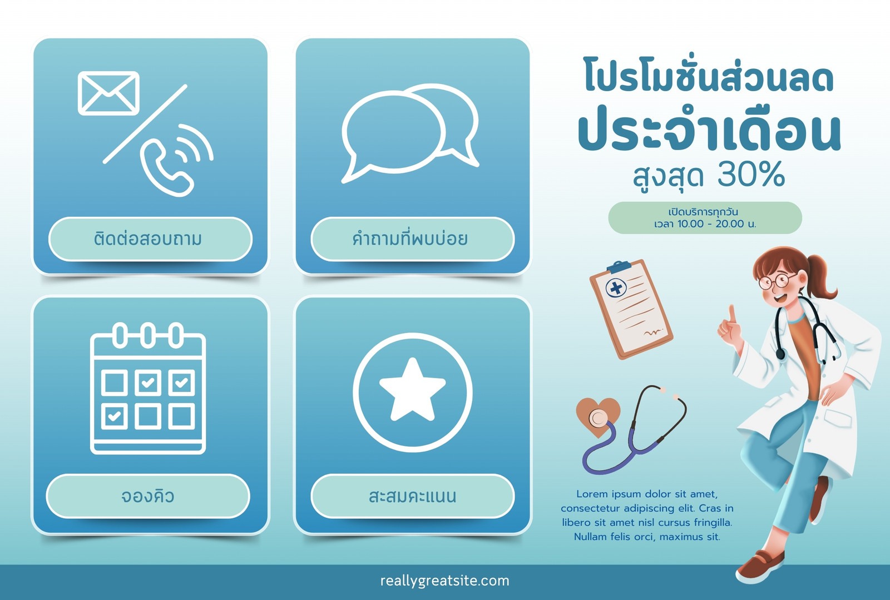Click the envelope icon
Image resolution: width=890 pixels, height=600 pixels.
(108, 93)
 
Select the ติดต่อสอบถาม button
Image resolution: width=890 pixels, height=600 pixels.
(150, 239)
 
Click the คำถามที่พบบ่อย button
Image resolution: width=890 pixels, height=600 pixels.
(412, 239)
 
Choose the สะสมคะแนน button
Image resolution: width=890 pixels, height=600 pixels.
(412, 496)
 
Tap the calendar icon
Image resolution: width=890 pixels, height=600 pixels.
(148, 388)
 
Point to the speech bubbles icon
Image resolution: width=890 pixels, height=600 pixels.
(411, 133)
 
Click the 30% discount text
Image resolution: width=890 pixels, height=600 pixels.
(751, 174)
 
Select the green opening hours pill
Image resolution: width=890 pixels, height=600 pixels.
(705, 217)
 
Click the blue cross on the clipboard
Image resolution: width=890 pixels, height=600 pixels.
(616, 288)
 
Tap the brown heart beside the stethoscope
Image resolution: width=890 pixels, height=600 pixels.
(597, 416)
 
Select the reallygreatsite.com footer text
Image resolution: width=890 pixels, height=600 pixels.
(444, 581)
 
